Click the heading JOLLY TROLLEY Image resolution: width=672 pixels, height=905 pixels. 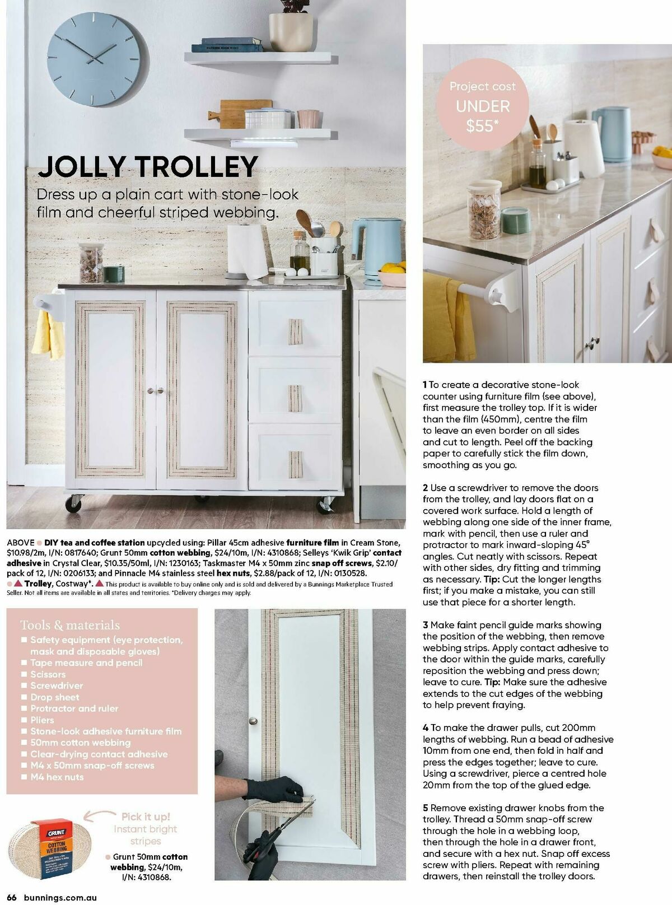coord(148,166)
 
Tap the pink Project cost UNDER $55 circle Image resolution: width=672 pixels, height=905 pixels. coord(482,106)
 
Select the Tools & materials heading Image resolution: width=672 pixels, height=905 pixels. coord(70,625)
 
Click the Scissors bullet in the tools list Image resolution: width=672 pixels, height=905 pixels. coord(48,674)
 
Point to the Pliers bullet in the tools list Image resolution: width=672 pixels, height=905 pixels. coord(42,720)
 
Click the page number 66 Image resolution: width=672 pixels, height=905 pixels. coord(12,897)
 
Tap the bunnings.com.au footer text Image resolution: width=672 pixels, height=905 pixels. coord(60,897)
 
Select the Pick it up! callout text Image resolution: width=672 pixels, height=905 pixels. coord(146,817)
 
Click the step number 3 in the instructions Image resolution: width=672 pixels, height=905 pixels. coord(426,625)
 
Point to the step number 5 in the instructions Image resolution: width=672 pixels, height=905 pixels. coord(426,808)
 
